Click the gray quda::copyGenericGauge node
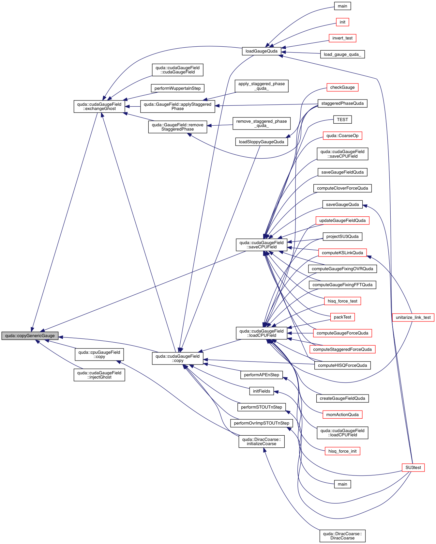pos(30,335)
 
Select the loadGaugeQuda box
pos(262,51)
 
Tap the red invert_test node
pos(342,38)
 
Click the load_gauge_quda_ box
pos(342,54)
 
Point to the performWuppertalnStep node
pos(178,88)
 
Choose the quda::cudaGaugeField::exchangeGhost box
pos(99,106)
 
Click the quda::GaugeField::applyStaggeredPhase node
pos(178,106)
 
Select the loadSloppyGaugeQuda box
pos(262,142)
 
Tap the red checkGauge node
pos(342,87)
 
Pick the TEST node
pos(342,119)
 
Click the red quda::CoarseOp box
pos(342,135)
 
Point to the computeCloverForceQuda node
pos(342,188)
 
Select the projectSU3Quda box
pos(342,236)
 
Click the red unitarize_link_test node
pos(413,317)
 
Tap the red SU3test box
pos(413,467)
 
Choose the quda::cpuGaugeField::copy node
pos(99,354)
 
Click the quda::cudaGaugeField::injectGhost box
pos(99,375)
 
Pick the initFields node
pos(262,391)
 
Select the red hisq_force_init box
pos(342,451)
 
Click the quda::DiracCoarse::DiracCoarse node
pos(342,536)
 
